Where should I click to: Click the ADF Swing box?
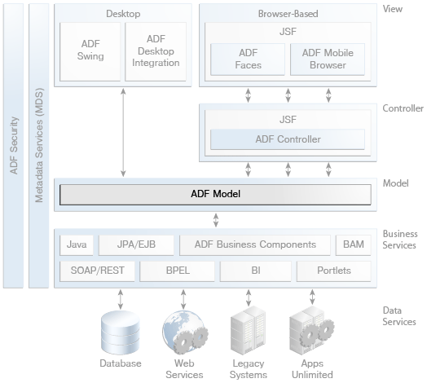coord(90,52)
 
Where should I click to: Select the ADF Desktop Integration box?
coord(156,52)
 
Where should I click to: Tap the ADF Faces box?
coord(248,59)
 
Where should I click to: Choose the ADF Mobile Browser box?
coord(328,59)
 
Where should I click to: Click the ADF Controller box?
coord(288,139)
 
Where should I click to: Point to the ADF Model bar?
coord(215,195)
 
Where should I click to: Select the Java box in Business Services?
coord(77,245)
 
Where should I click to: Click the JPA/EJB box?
coord(136,245)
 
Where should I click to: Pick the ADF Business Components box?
coord(255,245)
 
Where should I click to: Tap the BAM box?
coord(353,245)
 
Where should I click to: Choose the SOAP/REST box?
coord(97,271)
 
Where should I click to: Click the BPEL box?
coord(178,271)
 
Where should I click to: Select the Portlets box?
coord(334,271)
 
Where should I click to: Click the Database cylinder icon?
coord(121,332)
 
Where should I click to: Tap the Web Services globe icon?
coord(185,332)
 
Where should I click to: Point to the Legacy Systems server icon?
coord(248,330)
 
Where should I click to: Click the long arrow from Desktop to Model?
coord(123,132)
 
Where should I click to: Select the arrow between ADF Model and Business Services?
coord(216,220)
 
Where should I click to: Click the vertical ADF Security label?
coord(14,146)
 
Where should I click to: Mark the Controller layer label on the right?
coord(403,108)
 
